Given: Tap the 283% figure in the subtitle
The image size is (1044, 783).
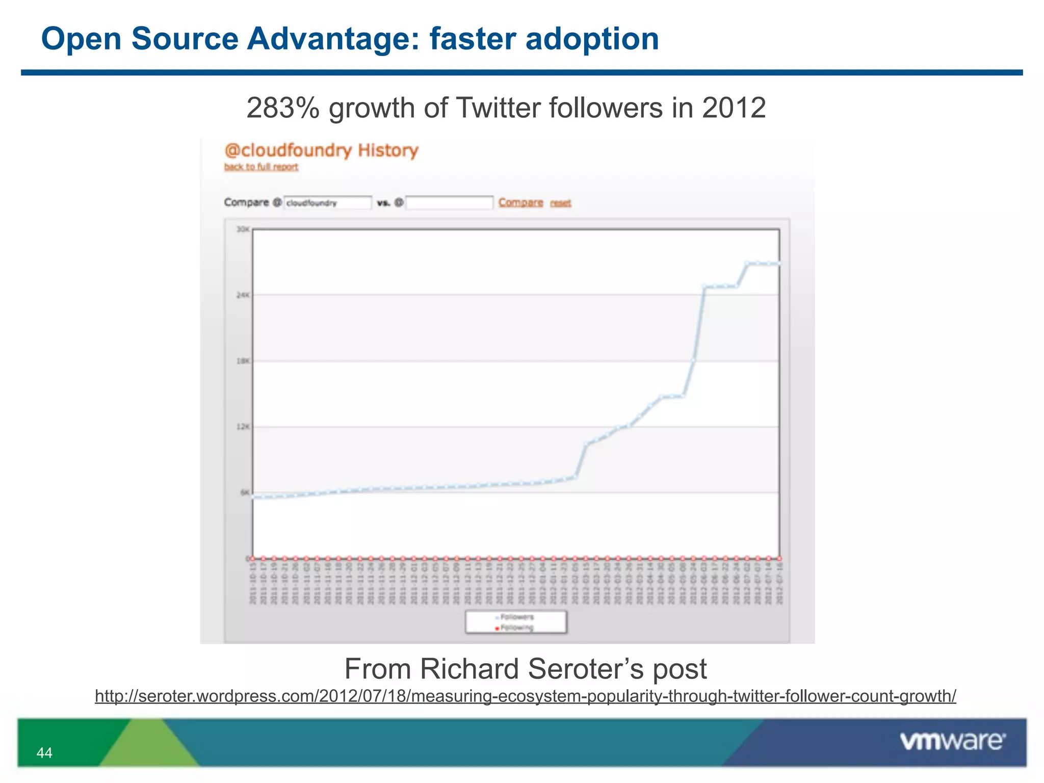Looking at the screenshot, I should click(282, 109).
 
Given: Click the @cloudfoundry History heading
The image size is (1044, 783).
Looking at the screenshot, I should click(321, 151).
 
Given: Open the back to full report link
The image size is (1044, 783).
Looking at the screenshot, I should click(261, 167).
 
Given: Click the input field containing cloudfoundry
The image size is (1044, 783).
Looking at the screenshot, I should click(327, 203).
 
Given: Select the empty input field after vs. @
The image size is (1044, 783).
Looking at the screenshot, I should click(449, 203).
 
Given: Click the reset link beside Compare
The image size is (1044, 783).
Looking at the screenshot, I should click(560, 203).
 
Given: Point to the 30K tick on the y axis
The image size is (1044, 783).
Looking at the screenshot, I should click(243, 229).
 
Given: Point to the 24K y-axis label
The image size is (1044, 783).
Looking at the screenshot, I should click(243, 295).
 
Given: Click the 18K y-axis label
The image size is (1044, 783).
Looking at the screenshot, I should click(243, 361).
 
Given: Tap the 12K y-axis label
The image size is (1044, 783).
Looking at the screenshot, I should click(243, 427).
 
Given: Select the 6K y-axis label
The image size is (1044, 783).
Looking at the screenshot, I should click(245, 492).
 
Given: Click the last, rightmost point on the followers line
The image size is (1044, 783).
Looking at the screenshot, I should click(779, 264).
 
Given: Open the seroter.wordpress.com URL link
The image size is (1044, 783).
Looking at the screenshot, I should click(525, 696).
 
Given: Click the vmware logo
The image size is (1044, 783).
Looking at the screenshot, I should click(952, 741).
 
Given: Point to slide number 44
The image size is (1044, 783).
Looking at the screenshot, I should click(44, 753).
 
